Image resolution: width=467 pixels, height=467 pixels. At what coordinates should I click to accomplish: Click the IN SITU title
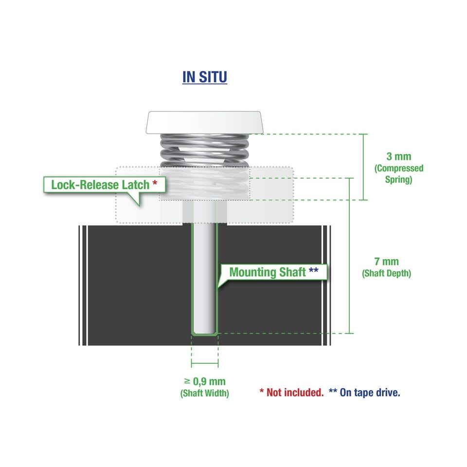[205, 77]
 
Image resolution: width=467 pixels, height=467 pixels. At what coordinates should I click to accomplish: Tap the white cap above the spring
[205, 123]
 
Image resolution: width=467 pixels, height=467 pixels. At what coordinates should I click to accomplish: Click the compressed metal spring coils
[205, 150]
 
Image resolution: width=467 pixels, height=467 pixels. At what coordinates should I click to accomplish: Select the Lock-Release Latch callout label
[104, 185]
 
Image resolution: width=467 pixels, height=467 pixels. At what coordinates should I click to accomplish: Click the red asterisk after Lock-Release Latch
[155, 183]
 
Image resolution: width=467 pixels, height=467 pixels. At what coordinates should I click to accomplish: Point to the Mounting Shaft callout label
[273, 272]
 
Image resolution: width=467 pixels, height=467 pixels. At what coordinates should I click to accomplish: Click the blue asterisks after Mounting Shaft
[313, 270]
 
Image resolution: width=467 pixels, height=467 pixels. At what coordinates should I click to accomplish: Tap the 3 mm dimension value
[398, 156]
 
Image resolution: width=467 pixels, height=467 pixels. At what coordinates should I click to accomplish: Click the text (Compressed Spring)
[398, 174]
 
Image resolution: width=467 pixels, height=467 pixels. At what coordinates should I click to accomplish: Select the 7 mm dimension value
[386, 262]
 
